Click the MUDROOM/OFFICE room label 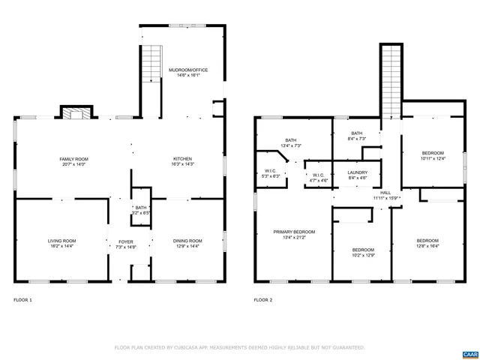coord(187,70)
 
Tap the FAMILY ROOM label coord(74,159)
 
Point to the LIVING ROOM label coord(62,241)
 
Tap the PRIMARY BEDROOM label coord(294,232)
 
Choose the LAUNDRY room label coord(357,172)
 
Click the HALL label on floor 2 coord(385,193)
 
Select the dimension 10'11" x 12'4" coord(433,158)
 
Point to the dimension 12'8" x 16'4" coord(427,245)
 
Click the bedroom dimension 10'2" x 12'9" coord(363,255)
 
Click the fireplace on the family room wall coord(75,114)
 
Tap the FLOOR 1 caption coord(23,299)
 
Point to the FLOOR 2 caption coord(262,299)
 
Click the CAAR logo coord(469,352)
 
